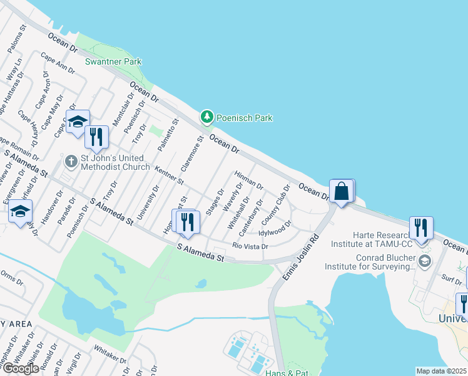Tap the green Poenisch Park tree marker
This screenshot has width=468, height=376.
click(206, 117)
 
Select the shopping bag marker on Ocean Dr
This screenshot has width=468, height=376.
click(342, 191)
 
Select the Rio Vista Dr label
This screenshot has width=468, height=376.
click(250, 246)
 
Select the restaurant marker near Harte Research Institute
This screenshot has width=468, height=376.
click(421, 227)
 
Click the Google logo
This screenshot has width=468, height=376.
click(21, 368)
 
